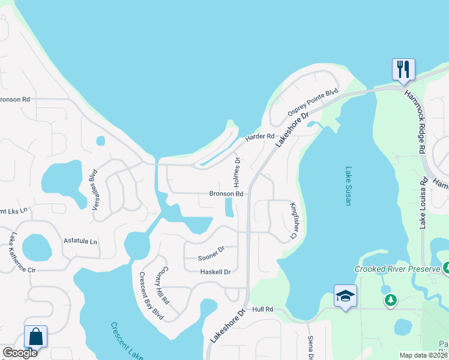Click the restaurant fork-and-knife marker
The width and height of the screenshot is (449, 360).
point(403,69)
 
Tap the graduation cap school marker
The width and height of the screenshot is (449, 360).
point(345,296)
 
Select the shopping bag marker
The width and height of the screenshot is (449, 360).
point(35,337)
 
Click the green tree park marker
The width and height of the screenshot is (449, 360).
point(391,299)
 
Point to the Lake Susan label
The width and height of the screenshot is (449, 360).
point(348,186)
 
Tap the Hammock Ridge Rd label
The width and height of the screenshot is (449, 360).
point(415,120)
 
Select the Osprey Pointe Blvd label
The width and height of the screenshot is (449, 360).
point(313,103)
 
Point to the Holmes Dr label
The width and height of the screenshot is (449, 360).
point(237,171)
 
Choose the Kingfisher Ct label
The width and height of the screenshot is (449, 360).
point(294,220)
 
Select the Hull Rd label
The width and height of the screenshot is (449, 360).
point(263,309)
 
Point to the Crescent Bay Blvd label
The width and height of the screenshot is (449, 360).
point(151,296)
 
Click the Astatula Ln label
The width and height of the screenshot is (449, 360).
point(80,241)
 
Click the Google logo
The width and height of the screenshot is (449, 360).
point(20,353)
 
